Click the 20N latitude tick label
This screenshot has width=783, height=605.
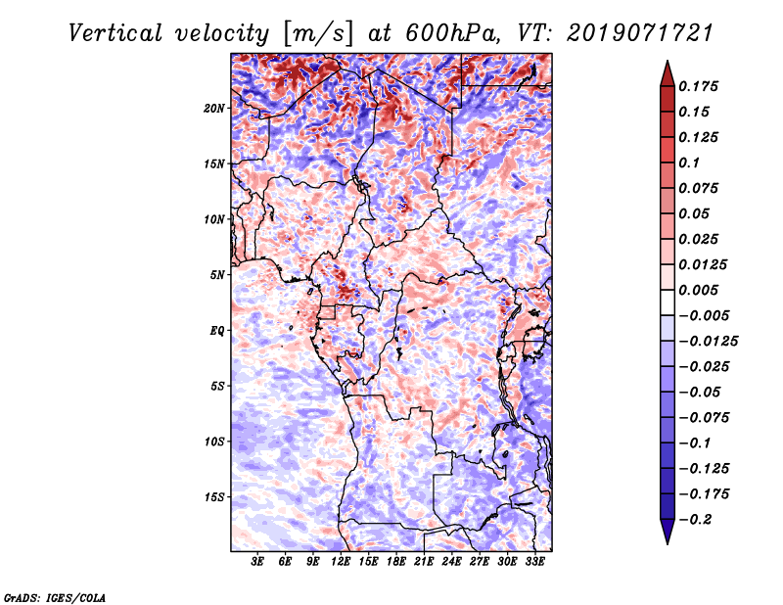[214, 108]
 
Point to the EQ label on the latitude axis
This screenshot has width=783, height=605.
[216, 330]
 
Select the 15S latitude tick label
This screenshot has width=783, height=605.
[214, 497]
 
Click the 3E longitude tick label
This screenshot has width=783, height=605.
[258, 563]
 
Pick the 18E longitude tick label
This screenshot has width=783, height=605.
[396, 563]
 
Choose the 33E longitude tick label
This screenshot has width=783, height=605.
[534, 563]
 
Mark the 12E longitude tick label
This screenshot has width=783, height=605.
[342, 563]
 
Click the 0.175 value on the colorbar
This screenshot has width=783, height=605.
[701, 86]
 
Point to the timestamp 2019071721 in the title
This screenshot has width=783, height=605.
[627, 33]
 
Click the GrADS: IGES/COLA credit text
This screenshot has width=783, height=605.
[54, 596]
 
